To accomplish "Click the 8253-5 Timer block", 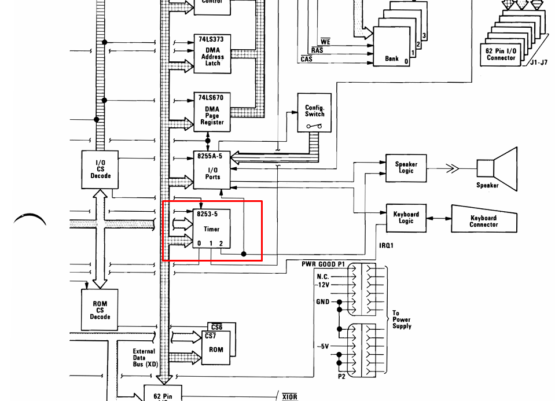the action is [x=212, y=229].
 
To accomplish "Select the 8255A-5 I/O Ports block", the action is [x=212, y=170].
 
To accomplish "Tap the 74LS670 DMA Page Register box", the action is [x=212, y=112].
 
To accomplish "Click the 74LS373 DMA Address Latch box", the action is [x=212, y=54].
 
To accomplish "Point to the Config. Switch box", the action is [x=314, y=113].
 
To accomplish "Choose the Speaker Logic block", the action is [x=406, y=168].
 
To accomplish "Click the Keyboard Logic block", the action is [x=406, y=218].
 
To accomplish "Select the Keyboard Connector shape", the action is [x=484, y=219].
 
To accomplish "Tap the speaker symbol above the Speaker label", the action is [x=497, y=169].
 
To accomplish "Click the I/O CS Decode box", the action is [x=100, y=170].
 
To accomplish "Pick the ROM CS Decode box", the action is [x=100, y=310].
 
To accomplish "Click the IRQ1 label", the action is [x=386, y=245].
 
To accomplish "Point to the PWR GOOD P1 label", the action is [x=323, y=264].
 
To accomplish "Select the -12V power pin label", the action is [x=322, y=285].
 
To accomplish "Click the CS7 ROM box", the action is [x=216, y=348].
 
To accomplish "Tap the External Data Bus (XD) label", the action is [x=145, y=358].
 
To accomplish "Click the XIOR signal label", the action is [x=289, y=397].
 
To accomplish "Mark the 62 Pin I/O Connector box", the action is [x=501, y=54].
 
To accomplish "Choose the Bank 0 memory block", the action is [x=391, y=46].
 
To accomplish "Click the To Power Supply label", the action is [x=402, y=319].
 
